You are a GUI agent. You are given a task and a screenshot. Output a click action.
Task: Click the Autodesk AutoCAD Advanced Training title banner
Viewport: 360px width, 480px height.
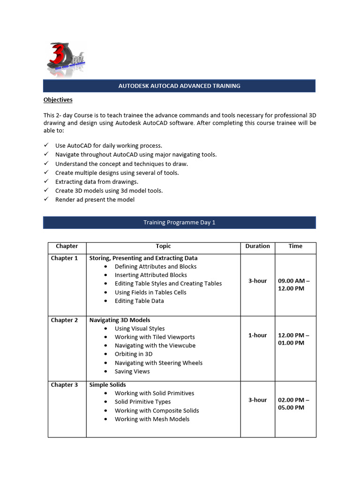tap(179, 86)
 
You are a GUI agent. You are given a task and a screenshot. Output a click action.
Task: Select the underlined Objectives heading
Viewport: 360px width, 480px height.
tap(58, 100)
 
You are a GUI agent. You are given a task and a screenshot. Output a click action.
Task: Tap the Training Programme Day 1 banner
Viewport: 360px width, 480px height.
tap(179, 223)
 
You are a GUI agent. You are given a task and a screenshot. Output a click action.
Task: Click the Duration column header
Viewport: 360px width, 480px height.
tap(257, 246)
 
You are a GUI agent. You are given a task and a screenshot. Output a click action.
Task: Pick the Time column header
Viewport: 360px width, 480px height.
tap(295, 246)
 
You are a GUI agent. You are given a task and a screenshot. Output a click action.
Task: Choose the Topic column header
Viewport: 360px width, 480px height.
tap(163, 246)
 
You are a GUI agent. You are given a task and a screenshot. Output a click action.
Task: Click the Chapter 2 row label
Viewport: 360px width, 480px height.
tap(65, 320)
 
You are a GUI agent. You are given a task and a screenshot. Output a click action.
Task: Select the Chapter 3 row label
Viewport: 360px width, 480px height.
tap(65, 385)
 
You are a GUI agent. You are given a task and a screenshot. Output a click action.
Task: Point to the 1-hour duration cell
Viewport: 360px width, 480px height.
tap(257, 335)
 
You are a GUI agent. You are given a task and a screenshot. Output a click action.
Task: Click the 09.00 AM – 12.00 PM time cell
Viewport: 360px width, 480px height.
tap(294, 285)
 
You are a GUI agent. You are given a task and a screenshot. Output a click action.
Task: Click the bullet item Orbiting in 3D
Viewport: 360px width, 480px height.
tap(133, 354)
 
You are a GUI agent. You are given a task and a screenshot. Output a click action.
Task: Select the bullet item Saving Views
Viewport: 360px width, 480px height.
tap(132, 371)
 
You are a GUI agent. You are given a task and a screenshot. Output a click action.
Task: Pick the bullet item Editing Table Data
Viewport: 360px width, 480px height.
tap(139, 301)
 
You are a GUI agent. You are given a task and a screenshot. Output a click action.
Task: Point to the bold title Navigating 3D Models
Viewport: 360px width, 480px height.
tap(120, 320)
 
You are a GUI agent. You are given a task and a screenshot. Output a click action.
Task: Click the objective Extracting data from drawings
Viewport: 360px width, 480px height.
tap(97, 181)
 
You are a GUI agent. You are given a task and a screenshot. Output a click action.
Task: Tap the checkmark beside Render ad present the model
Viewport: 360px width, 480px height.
tap(46, 199)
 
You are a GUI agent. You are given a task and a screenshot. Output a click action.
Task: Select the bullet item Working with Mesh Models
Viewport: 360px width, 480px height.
tap(152, 419)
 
